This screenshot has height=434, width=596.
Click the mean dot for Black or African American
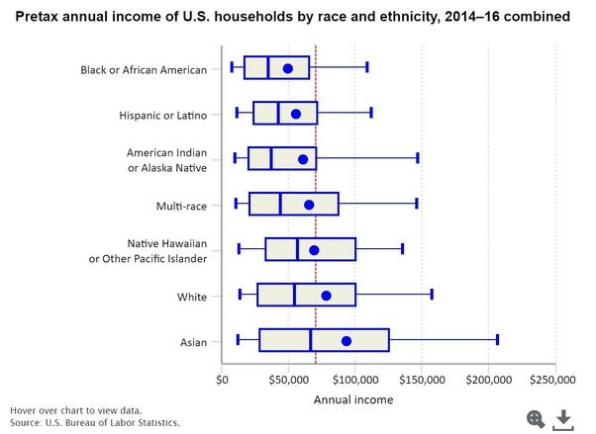pos(288,68)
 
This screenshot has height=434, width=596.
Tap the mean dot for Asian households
pos(346,341)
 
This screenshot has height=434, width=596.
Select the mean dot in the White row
pos(326,296)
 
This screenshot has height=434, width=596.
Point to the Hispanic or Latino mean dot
pos(295,114)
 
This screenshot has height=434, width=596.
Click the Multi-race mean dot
pos(309,205)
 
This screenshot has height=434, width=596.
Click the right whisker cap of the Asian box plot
pos(497,341)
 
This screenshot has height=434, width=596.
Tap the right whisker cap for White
pos(432,295)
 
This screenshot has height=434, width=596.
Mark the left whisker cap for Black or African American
pos(232,67)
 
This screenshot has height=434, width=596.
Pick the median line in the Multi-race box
pos(280,205)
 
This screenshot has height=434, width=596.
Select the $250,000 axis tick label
pos(552,379)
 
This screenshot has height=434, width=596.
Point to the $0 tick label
pos(223,379)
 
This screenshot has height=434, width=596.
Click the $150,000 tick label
pos(421,379)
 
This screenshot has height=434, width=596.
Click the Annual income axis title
pos(353,399)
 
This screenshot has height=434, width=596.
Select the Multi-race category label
pos(181,205)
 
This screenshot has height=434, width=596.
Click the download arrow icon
pos(563,418)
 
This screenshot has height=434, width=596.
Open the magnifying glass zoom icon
pos(537,418)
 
